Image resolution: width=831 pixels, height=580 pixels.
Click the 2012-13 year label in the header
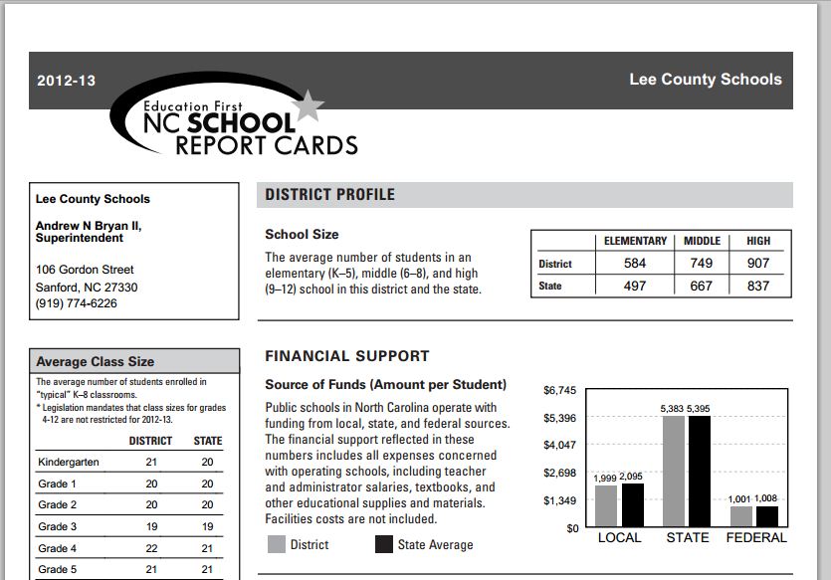coord(66,81)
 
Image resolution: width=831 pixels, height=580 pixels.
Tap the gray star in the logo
coord(310,102)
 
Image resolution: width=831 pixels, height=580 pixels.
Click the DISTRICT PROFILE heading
coord(329,195)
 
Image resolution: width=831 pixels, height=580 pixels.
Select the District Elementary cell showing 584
coord(634,264)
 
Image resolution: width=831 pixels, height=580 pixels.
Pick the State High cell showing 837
coord(757,286)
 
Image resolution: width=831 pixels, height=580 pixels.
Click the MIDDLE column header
coord(702,241)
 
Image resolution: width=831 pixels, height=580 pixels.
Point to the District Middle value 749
coord(702,264)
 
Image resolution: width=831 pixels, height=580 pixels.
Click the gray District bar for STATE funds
coord(673,471)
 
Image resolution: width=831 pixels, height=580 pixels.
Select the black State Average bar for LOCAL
coord(632,505)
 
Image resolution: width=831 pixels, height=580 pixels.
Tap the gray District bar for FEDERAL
coord(740,516)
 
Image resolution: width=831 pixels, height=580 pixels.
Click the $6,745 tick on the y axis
coord(560,390)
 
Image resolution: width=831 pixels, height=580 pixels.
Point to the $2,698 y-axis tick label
coord(560,473)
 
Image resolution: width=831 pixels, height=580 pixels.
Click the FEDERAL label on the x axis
coord(755,538)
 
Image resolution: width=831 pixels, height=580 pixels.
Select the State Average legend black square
coord(384,544)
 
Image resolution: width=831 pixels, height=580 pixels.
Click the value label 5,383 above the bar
coord(673,409)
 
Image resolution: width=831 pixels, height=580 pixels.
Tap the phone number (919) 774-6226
coord(77,303)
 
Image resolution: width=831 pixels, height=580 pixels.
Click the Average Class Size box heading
coord(96,361)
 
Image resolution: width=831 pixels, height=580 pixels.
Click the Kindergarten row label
coord(69,462)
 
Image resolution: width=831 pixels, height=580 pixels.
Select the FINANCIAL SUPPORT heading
coord(347,356)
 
